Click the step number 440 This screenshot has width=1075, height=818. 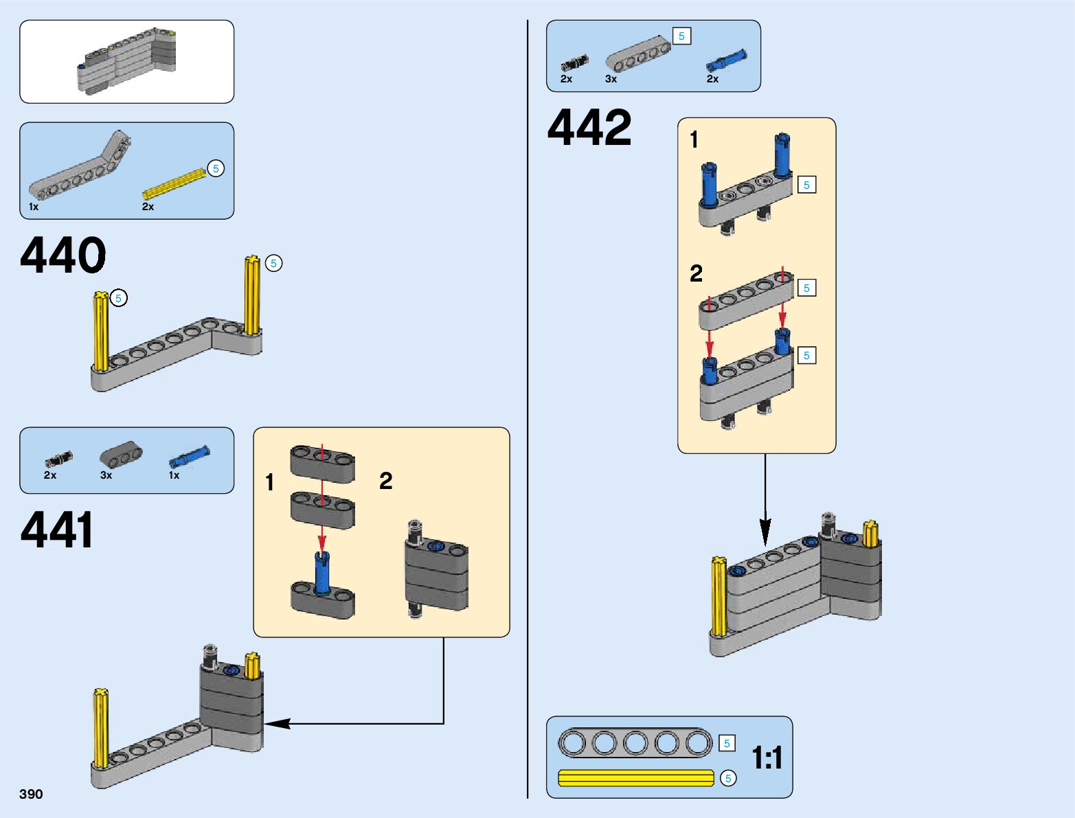tap(63, 255)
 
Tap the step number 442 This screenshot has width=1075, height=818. tap(589, 127)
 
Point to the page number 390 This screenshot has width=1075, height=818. tap(31, 794)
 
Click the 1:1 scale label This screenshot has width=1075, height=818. tap(767, 758)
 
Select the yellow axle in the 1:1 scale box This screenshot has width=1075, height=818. tap(636, 778)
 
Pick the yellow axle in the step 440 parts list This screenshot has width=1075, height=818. tap(174, 183)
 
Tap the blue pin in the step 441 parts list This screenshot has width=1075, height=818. tap(190, 457)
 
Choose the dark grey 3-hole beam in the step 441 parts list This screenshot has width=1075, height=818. tap(121, 453)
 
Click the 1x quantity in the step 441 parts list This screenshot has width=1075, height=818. tap(174, 475)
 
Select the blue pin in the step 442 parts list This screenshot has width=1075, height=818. tap(727, 60)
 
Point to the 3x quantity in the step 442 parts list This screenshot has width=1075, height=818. tap(611, 79)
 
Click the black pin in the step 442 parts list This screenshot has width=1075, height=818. tap(574, 63)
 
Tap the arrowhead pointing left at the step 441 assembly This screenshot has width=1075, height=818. tap(278, 723)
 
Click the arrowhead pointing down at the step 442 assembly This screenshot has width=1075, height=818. tap(765, 532)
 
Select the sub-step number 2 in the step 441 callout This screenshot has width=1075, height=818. tap(386, 481)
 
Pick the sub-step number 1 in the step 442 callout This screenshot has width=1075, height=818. tap(694, 139)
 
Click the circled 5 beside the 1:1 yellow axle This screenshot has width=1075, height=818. tap(728, 778)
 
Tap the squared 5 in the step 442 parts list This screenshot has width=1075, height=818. tap(681, 36)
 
